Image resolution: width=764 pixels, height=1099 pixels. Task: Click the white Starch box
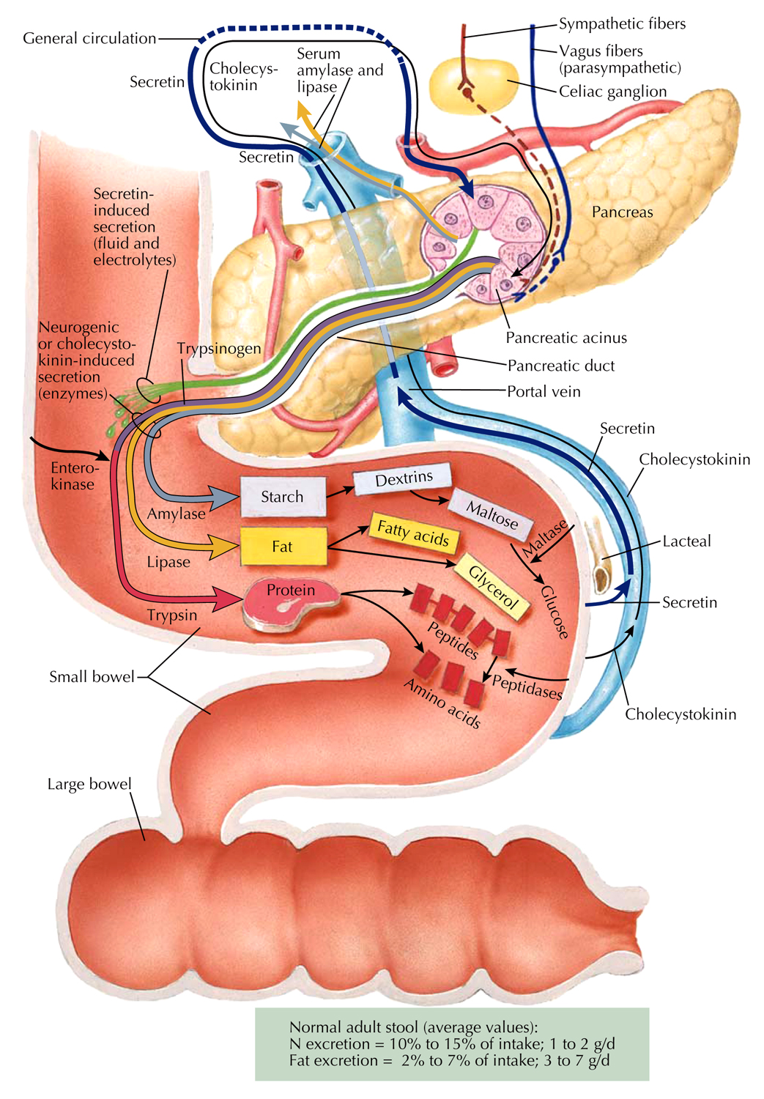point(283,497)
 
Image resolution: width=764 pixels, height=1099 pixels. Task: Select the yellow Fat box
point(283,547)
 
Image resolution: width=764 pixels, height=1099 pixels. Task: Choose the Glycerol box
point(493,587)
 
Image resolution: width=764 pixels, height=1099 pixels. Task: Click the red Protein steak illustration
point(291,602)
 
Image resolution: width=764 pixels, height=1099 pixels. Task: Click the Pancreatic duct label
point(561,366)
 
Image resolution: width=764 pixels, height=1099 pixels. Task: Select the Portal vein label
point(544,391)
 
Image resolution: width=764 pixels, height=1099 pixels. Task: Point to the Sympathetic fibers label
point(622,23)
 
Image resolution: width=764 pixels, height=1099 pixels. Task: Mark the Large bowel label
point(89,784)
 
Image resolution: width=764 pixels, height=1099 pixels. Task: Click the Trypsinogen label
point(219,348)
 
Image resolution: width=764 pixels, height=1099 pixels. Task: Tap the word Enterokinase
point(73,476)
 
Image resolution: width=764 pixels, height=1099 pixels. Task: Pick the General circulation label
point(89,38)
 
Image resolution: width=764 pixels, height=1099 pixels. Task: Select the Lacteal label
point(686,541)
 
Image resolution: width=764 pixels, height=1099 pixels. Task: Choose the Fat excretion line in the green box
point(449,1060)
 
